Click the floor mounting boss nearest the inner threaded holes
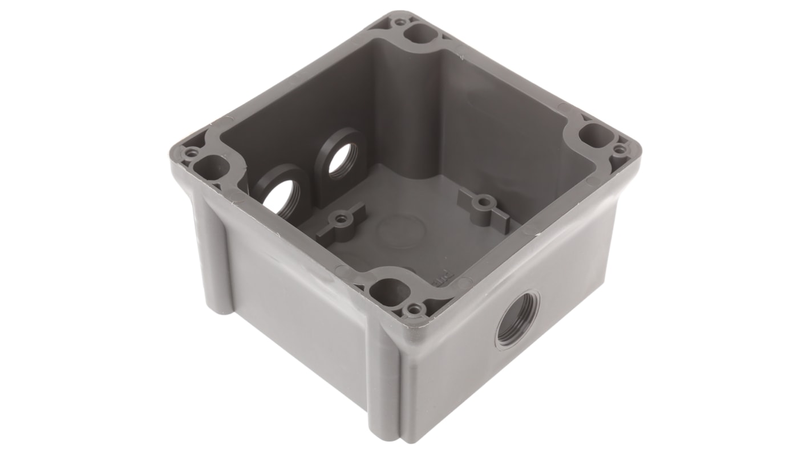point(341,219)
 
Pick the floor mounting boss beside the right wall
point(484,202)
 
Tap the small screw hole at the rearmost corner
point(400,22)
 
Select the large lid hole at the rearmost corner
point(420,33)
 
